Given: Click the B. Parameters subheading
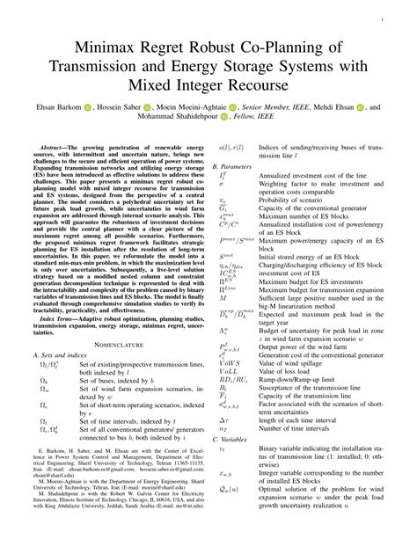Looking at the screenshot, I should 242,164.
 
